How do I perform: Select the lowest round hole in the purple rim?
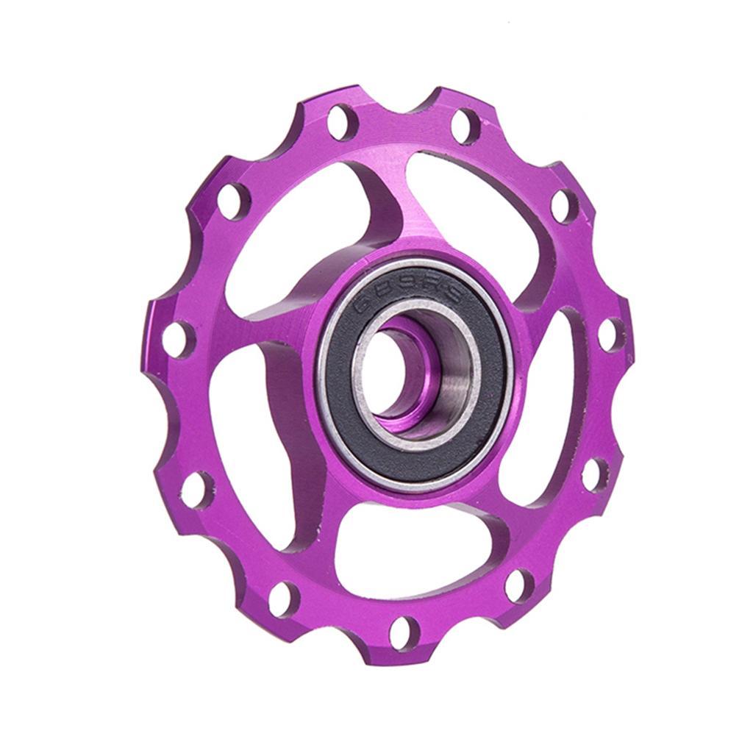pyautogui.click(x=404, y=632)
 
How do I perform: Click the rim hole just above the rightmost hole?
pyautogui.click(x=564, y=206)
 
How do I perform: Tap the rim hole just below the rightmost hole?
pyautogui.click(x=595, y=474)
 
